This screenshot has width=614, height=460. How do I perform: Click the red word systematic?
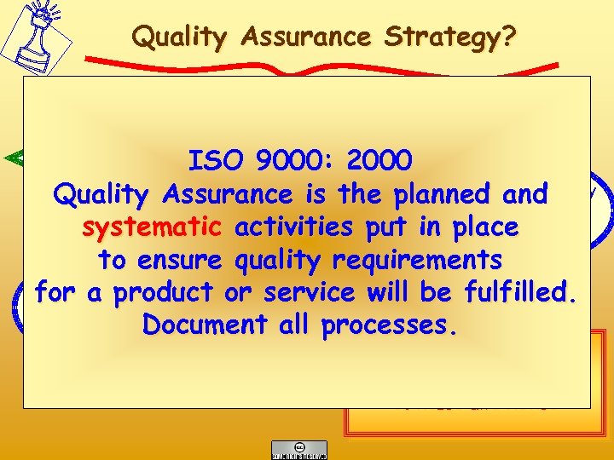(x=152, y=227)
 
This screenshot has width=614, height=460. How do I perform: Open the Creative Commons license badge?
(x=298, y=450)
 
